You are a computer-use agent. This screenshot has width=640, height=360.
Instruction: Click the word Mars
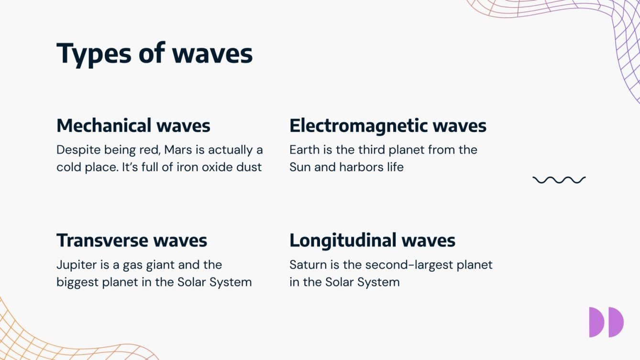click(x=178, y=150)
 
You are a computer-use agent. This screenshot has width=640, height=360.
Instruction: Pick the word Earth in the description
click(x=304, y=150)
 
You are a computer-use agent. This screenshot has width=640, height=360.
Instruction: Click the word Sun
click(x=300, y=167)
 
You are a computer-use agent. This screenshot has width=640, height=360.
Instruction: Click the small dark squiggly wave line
click(x=559, y=180)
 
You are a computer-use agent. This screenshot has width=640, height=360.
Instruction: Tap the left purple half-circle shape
click(x=596, y=322)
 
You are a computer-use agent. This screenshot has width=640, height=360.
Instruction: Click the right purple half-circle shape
click(x=617, y=322)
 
